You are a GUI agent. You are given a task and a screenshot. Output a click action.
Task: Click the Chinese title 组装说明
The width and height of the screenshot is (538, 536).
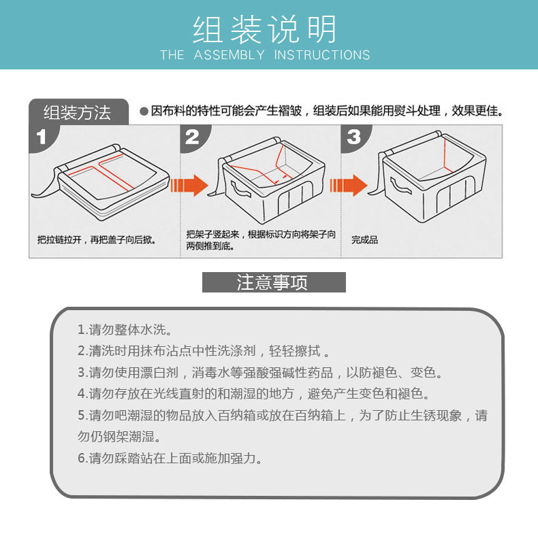tap(264, 29)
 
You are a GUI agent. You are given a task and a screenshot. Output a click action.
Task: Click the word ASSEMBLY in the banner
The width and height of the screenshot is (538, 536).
tap(230, 55)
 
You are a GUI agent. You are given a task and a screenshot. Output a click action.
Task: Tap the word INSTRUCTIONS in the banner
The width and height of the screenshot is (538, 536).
tap(322, 55)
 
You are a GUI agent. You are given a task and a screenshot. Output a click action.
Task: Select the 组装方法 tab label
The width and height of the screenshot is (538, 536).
tap(77, 112)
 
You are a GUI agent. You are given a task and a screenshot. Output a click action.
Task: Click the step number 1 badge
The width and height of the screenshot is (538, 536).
tap(42, 137)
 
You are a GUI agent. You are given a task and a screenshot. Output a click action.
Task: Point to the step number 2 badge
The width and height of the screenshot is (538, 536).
tap(192, 137)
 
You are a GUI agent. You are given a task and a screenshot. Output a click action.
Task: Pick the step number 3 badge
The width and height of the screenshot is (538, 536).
tap(353, 137)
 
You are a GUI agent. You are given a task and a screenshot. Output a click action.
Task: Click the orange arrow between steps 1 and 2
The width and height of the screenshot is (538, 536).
tap(189, 186)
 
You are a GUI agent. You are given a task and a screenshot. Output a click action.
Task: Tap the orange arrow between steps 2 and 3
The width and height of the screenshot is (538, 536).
tap(349, 186)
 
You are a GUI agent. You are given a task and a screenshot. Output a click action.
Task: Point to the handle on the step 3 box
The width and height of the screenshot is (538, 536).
tap(400, 186)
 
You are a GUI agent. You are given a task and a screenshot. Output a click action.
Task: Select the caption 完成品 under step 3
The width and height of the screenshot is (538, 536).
tap(364, 240)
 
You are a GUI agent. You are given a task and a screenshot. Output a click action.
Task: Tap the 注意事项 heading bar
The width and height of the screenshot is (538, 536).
tap(274, 282)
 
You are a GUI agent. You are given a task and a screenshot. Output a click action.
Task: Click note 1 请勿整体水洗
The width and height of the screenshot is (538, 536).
tap(125, 330)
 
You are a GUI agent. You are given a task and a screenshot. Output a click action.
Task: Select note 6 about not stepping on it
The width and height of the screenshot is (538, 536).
tap(170, 458)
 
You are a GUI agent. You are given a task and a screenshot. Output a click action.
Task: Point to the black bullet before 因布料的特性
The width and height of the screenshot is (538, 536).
tap(144, 112)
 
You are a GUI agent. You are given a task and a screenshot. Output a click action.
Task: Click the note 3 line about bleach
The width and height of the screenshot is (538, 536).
tap(260, 373)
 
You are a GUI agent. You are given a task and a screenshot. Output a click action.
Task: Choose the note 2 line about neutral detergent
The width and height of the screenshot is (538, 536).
tap(204, 351)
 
